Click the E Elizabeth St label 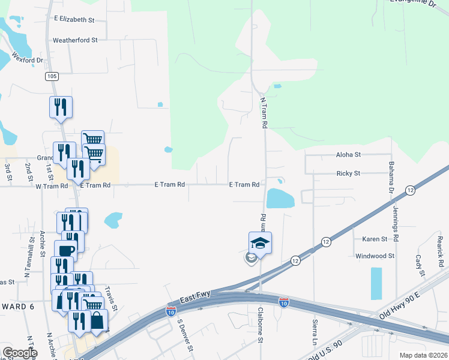click(x=74, y=20)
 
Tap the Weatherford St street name click(x=75, y=40)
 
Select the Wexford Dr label click(x=28, y=60)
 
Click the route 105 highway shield click(x=52, y=76)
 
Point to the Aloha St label click(x=348, y=155)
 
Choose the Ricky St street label click(x=348, y=173)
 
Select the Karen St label click(x=375, y=239)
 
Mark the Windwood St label click(x=375, y=256)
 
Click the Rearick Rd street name click(x=440, y=251)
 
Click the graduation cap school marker click(x=260, y=242)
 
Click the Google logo click(x=20, y=353)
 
